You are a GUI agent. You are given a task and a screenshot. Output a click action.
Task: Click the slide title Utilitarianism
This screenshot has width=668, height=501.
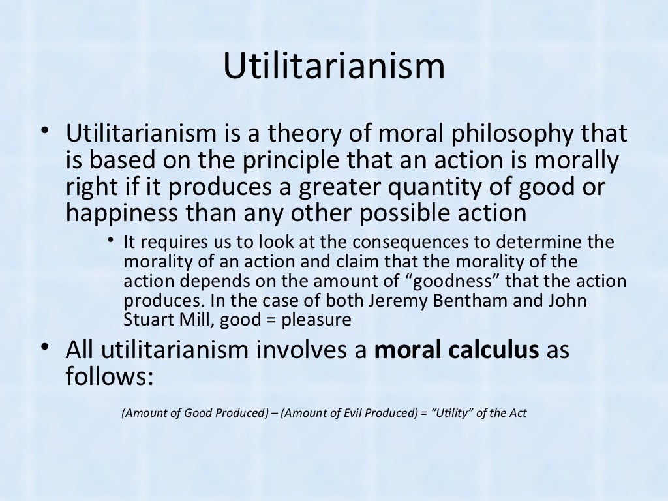334,68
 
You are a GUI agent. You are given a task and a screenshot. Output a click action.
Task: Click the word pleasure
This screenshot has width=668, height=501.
321,320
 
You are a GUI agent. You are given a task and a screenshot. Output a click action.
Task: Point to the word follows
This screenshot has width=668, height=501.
108,376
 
